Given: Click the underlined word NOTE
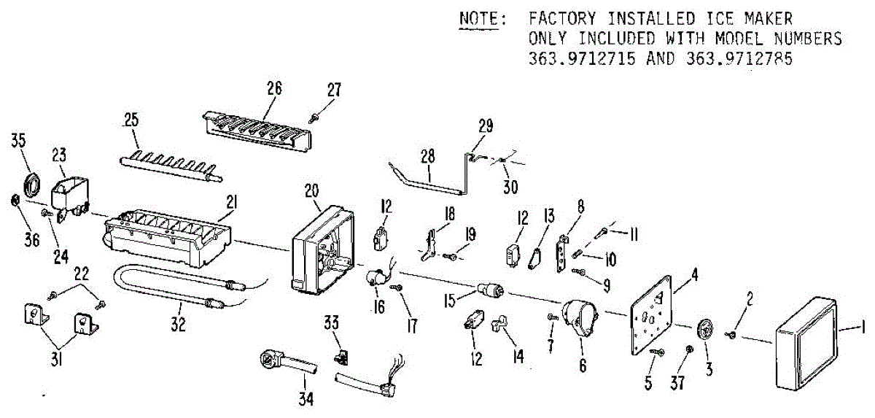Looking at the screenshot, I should pos(478,18).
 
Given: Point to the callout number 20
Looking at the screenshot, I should pos(312,190).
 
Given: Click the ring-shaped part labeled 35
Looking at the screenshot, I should pos(31,183).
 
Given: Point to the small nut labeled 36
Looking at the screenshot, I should pos(15,201).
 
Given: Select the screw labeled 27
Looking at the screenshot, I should pos(314,115).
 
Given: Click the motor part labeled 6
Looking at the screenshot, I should pos(580,321).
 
